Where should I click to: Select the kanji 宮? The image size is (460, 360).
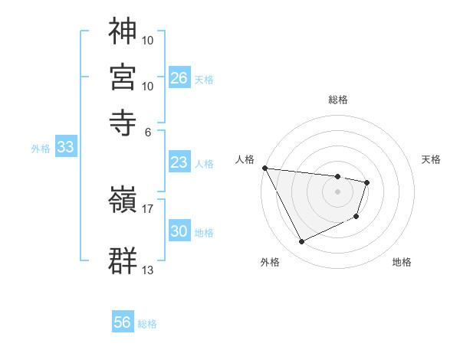click(x=123, y=76)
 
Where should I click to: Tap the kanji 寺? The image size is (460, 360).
click(x=123, y=119)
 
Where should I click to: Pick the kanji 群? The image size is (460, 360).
click(x=123, y=260)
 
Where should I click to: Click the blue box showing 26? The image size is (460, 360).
click(x=179, y=78)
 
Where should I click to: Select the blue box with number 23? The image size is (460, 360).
click(x=179, y=162)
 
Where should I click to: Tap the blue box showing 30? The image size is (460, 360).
click(x=179, y=231)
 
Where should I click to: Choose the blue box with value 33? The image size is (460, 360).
click(x=65, y=148)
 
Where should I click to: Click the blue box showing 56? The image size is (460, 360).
click(x=123, y=322)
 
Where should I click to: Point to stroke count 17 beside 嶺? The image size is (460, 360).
click(x=148, y=207)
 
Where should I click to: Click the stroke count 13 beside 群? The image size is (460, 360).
click(x=148, y=270)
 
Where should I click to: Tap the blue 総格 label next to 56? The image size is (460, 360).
click(x=147, y=324)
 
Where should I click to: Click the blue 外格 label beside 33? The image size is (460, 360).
click(x=40, y=149)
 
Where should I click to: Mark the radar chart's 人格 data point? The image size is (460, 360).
click(x=264, y=168)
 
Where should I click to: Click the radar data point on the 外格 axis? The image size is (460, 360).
click(x=301, y=242)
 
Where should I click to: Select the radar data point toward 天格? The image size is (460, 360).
click(x=367, y=182)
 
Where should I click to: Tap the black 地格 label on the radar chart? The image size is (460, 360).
click(x=402, y=262)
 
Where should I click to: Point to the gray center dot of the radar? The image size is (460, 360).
click(x=337, y=191)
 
